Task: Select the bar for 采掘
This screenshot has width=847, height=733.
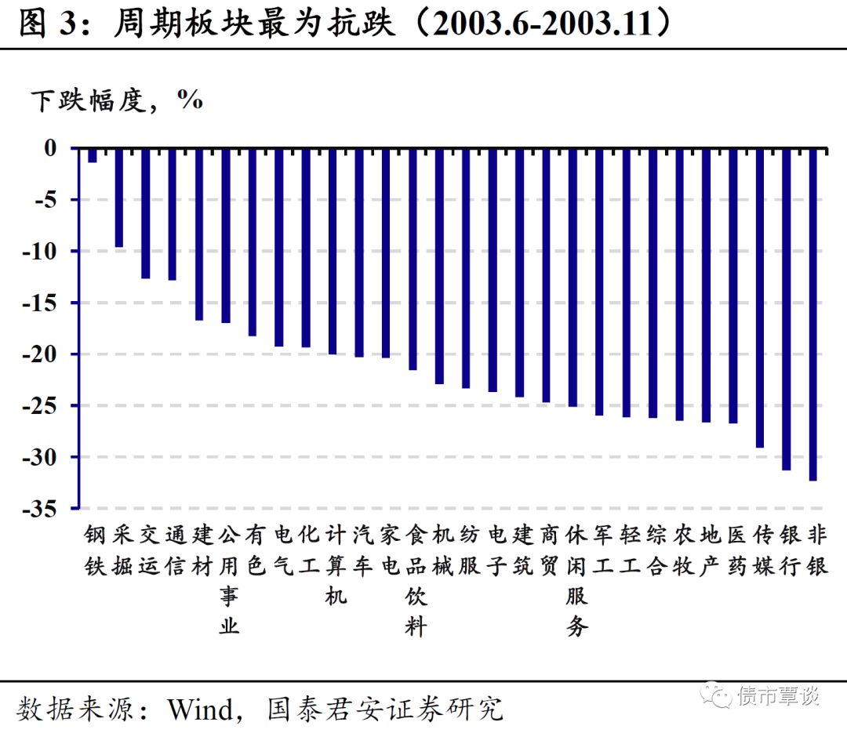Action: tap(119, 198)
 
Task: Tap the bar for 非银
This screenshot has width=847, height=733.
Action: tap(813, 314)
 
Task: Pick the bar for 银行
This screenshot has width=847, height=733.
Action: tap(787, 309)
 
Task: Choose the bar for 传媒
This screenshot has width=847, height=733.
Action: tap(760, 298)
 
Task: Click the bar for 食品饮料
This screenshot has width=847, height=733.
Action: tap(413, 259)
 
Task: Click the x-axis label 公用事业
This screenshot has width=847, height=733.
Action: tap(227, 580)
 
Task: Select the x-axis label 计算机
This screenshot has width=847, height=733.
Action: tap(334, 564)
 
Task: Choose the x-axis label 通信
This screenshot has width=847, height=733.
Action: tap(174, 550)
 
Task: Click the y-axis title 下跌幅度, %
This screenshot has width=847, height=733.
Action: tap(117, 100)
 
